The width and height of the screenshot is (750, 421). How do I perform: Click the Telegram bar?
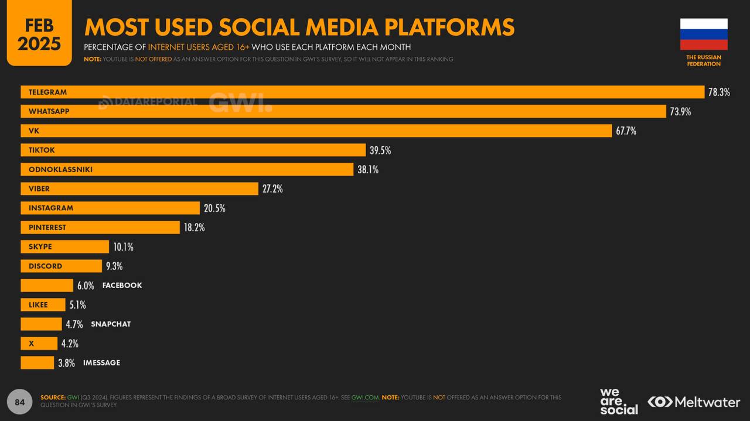[362, 92]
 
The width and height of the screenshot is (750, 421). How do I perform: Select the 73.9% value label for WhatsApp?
[680, 111]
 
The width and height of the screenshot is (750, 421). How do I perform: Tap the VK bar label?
[33, 131]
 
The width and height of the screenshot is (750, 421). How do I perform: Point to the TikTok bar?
[193, 150]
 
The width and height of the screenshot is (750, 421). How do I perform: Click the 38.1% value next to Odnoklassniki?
[368, 169]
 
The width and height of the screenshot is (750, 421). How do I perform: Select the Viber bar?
[139, 189]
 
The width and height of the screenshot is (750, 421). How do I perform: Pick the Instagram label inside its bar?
[51, 208]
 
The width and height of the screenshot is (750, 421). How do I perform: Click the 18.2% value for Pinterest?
[194, 227]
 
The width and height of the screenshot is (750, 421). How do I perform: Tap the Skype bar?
[64, 247]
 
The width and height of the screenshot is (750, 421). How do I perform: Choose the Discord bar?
[61, 266]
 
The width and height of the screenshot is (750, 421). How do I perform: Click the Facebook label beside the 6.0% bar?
[122, 285]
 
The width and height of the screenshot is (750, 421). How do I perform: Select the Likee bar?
[43, 304]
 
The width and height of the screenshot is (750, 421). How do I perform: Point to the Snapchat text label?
[111, 324]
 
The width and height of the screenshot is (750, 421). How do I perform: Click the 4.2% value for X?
[70, 343]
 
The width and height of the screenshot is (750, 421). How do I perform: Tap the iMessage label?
[101, 362]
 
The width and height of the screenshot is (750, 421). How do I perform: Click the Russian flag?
[704, 34]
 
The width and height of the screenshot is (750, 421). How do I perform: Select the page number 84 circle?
[20, 402]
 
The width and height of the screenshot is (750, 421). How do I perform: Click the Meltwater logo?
[694, 402]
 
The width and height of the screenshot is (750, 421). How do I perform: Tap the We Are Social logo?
[618, 402]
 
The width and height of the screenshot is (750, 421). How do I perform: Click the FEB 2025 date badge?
[39, 34]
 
